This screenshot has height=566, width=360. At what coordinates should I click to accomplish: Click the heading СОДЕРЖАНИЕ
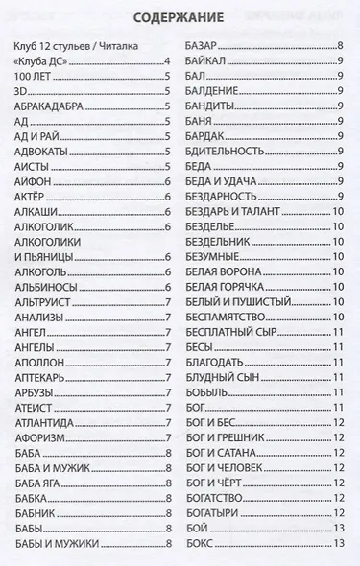179,17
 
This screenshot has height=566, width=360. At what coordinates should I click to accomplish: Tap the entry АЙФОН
34,180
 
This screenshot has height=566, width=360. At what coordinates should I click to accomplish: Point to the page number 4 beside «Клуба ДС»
167,60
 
